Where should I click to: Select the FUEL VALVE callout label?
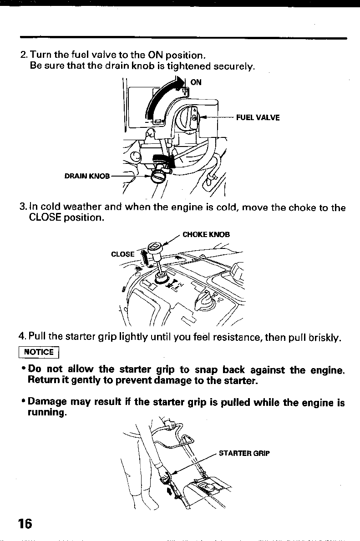point(258,117)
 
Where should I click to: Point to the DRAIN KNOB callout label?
point(86,176)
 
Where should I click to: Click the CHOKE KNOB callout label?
point(206,235)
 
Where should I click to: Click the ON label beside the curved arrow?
point(196,82)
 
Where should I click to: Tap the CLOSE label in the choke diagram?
point(123,254)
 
